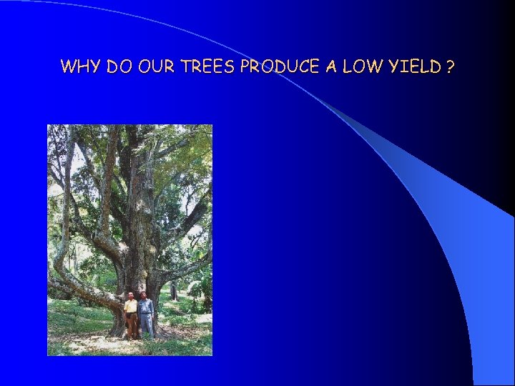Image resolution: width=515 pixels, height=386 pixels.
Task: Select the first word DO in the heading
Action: coord(119,67)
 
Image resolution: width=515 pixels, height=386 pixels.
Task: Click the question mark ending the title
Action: coord(450,67)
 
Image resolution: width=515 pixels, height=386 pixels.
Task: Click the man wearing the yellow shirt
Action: coord(131,315)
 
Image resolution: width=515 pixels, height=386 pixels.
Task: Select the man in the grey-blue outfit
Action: coord(146,315)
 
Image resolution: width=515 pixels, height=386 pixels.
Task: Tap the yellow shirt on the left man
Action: coord(131,306)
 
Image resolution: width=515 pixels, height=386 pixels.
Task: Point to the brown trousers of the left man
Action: coord(132,325)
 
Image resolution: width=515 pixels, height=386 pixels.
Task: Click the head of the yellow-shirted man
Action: coord(130,295)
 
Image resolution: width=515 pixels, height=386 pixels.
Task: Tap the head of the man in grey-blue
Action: coord(144,295)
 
